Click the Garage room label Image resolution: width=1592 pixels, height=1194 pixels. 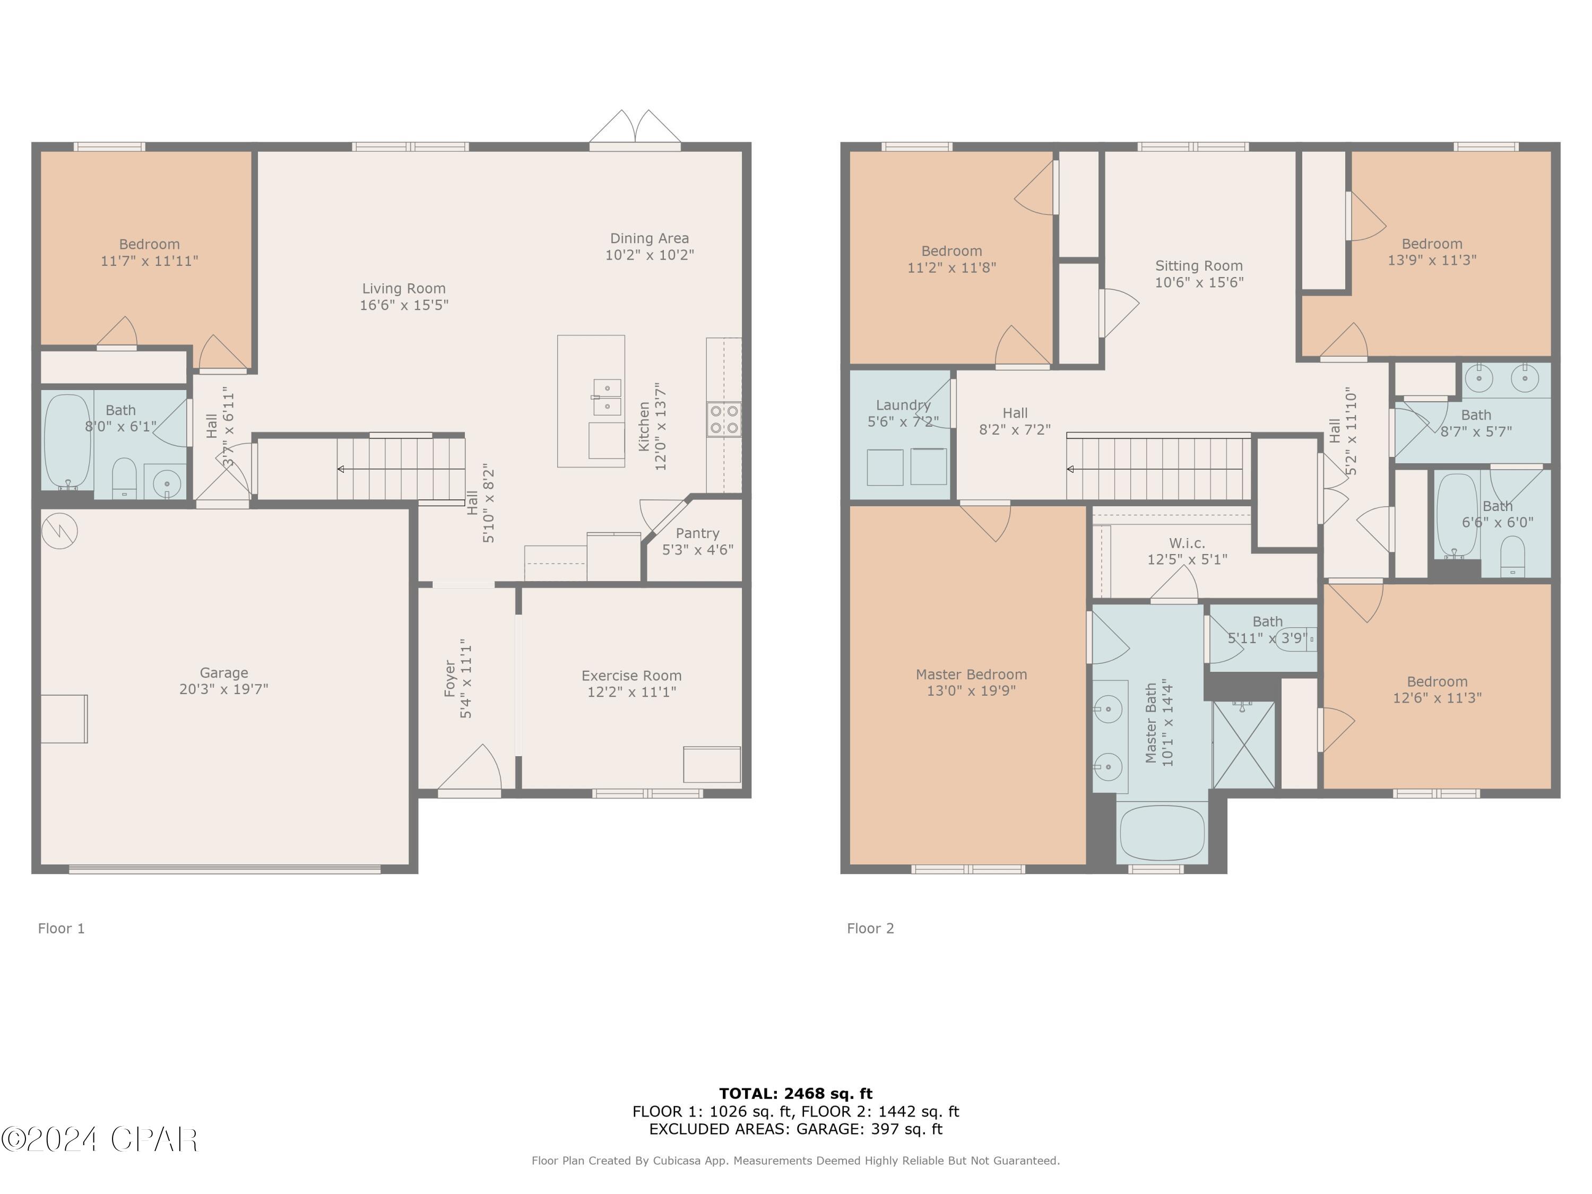pos(224,673)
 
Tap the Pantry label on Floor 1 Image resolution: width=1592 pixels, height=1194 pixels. pos(697,533)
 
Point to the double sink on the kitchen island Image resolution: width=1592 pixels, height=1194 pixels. pos(607,397)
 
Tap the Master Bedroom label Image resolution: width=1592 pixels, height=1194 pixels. pos(971,674)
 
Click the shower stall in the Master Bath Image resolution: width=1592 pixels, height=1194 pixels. pos(1243,745)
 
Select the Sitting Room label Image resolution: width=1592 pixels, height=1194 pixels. pos(1199,265)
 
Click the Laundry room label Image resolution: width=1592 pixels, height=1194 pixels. pos(903,405)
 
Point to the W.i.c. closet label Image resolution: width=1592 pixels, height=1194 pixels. pos(1187,543)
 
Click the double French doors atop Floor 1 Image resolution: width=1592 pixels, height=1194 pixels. pos(635,131)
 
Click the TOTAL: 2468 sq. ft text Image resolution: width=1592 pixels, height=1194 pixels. pos(795,1094)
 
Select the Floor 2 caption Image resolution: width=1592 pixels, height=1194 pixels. pos(870,929)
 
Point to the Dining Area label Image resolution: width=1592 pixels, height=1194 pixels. pos(649,238)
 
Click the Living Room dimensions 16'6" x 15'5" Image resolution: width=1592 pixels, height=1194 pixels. pos(404,305)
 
